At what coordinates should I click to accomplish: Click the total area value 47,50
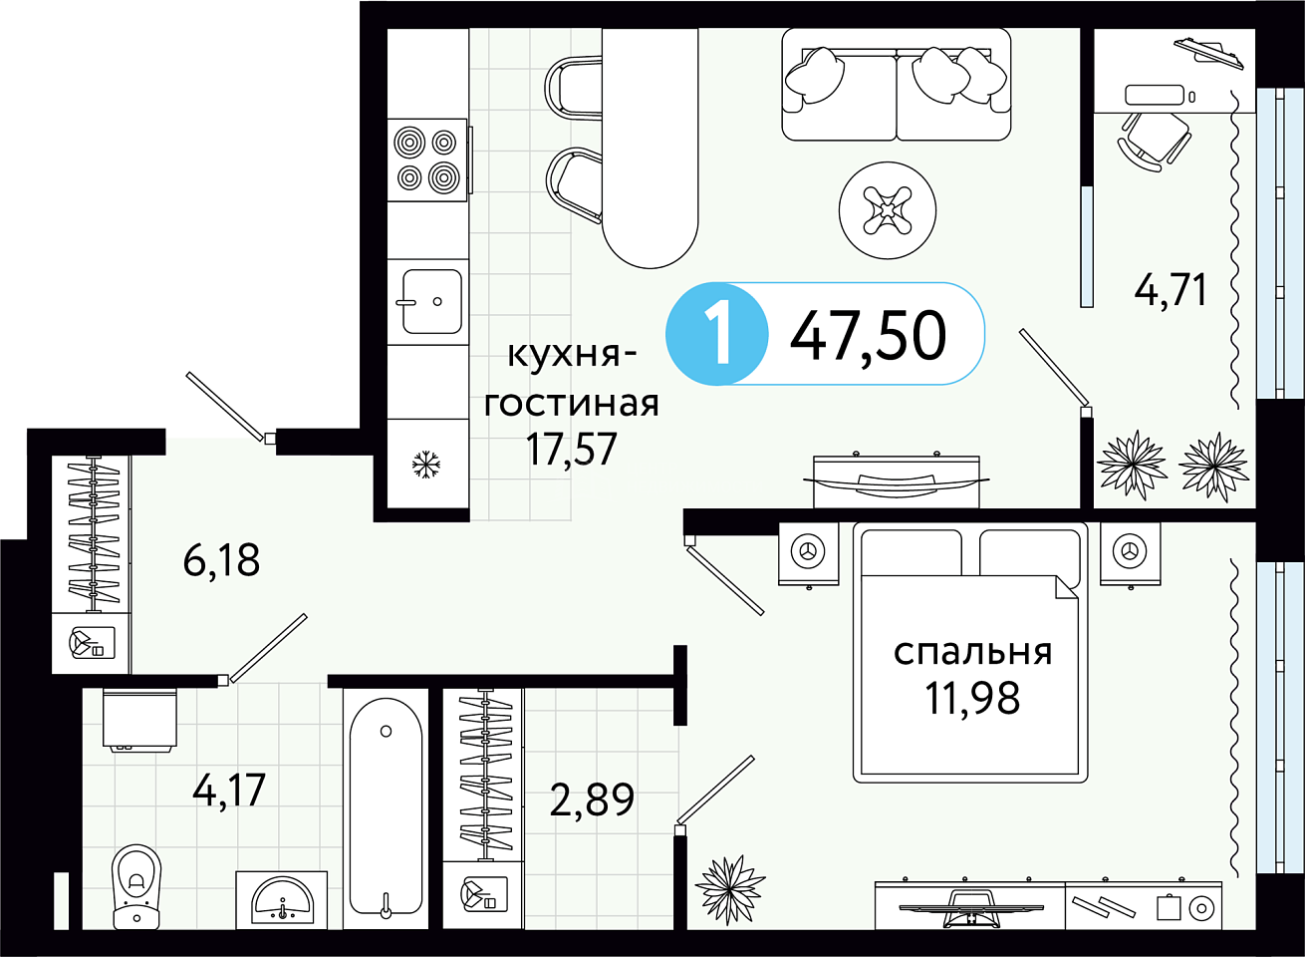(868, 336)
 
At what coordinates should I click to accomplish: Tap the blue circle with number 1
(716, 334)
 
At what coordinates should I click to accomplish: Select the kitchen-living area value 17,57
(571, 450)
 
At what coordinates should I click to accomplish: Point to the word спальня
(973, 653)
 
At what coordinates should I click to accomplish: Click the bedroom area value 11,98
(972, 698)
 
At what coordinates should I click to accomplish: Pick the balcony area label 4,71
(1170, 289)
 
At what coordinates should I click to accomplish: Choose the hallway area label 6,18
(221, 559)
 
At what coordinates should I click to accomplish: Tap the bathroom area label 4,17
(229, 790)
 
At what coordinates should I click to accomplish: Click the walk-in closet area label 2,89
(592, 800)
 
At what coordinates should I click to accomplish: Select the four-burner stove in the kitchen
(427, 159)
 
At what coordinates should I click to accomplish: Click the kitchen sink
(431, 301)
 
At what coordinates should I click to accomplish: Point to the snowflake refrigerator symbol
(426, 465)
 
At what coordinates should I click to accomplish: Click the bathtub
(386, 807)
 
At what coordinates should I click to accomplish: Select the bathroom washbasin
(282, 900)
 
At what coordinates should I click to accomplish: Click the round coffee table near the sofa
(888, 210)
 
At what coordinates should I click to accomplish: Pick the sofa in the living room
(896, 85)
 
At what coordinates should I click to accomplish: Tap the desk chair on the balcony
(1154, 141)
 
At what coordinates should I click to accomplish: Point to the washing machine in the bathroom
(139, 720)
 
